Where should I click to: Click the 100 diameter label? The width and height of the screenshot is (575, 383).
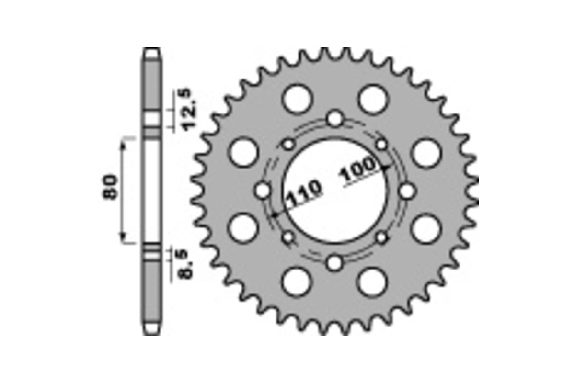[x=358, y=171]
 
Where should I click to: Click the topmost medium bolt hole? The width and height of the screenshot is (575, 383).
[x=335, y=118]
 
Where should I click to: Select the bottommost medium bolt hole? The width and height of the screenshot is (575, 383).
[x=335, y=262]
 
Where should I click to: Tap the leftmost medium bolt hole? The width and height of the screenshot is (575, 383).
[x=263, y=191]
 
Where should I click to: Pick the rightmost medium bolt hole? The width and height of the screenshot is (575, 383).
[x=407, y=191]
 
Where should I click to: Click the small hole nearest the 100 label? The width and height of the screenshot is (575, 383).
[x=381, y=144]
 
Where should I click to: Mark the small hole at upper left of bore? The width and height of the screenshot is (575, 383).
[x=288, y=144]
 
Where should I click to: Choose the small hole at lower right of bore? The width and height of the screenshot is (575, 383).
[x=381, y=237]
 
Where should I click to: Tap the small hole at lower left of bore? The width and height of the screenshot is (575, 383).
[x=288, y=237]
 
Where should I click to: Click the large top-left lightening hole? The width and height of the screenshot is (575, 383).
[x=297, y=99]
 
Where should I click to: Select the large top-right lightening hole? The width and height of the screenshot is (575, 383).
[x=373, y=99]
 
